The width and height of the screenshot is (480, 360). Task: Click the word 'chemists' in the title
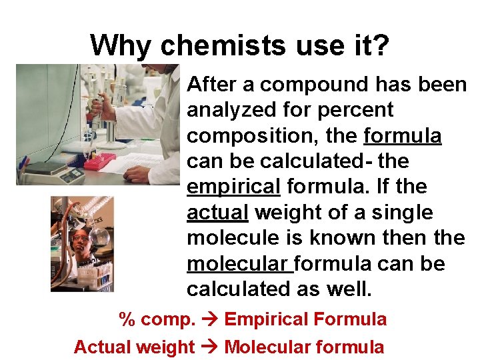coord(209,45)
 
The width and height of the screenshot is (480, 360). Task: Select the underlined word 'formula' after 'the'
coord(403,136)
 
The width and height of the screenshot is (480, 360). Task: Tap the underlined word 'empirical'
coord(233,187)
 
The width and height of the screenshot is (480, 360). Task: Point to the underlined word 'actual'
coord(217,213)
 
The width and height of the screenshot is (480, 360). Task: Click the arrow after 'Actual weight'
coord(209,347)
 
